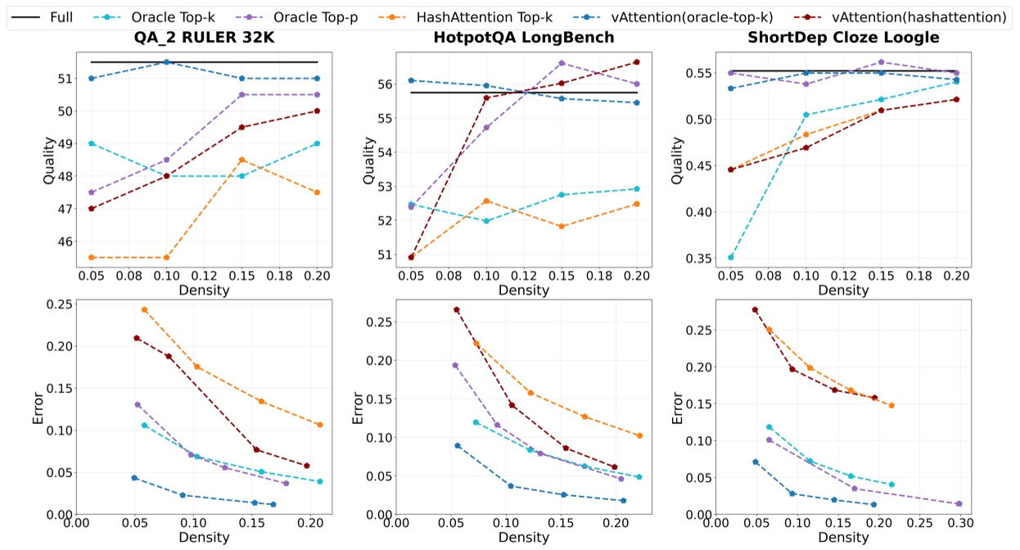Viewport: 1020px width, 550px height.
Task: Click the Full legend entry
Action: pyautogui.click(x=61, y=16)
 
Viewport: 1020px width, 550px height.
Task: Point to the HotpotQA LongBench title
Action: pyautogui.click(x=524, y=38)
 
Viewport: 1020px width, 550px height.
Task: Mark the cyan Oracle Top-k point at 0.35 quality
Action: pyautogui.click(x=731, y=257)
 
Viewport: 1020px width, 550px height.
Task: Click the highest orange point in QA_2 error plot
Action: pyautogui.click(x=144, y=309)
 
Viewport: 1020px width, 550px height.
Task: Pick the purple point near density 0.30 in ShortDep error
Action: pyautogui.click(x=959, y=503)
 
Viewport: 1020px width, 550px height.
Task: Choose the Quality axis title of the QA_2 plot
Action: pyautogui.click(x=48, y=160)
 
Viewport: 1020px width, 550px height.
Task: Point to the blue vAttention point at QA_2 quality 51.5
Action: pyautogui.click(x=166, y=62)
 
